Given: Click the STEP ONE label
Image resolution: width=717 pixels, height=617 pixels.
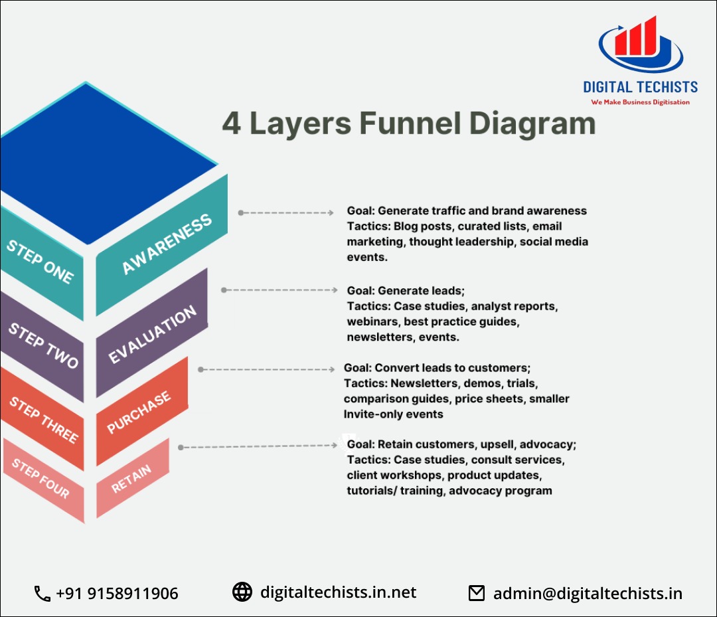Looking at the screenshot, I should click(40, 262).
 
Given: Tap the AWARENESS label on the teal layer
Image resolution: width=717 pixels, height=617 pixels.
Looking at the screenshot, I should click(167, 244).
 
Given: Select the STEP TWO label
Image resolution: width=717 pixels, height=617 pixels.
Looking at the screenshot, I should click(43, 345).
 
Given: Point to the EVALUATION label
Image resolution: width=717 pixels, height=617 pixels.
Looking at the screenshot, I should click(153, 335).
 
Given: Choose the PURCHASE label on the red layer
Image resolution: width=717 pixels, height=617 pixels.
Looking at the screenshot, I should click(139, 412).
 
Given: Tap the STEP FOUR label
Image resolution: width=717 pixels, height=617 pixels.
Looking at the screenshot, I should click(40, 478).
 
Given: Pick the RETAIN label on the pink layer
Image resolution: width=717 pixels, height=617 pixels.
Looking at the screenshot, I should click(131, 478).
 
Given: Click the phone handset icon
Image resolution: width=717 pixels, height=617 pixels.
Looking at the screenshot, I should click(42, 593).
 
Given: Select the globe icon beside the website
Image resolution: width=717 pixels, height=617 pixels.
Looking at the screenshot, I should click(242, 592).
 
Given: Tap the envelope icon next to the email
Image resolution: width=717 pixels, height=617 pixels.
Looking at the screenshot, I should click(477, 593).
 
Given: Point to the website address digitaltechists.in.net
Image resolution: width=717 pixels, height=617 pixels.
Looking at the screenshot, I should click(338, 592).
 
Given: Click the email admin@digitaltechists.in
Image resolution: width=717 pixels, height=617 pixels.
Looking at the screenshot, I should click(587, 593).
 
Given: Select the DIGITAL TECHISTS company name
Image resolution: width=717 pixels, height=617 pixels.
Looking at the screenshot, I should click(640, 87).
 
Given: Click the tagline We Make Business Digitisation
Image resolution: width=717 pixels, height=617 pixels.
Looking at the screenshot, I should click(640, 102).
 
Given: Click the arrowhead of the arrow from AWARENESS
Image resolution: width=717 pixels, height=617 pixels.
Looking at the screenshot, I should click(331, 213).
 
